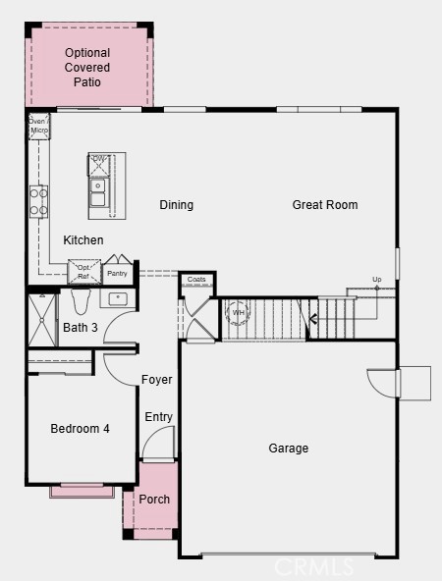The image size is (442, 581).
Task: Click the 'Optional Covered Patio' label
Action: click(87, 67)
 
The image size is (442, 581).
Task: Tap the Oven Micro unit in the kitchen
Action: click(38, 126)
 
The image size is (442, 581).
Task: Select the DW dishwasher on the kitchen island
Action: click(98, 162)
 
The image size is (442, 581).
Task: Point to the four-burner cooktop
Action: click(38, 201)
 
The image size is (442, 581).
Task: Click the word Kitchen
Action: click(83, 240)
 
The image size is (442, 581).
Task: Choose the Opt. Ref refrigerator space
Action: click(83, 271)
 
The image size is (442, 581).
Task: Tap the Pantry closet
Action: click(117, 273)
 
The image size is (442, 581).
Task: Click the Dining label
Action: click(177, 205)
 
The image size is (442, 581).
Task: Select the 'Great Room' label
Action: click(324, 205)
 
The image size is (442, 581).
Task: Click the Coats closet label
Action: click(197, 280)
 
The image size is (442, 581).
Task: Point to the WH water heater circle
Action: click(239, 314)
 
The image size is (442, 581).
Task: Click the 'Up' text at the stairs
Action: click(376, 280)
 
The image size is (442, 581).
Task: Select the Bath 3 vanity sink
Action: click(117, 298)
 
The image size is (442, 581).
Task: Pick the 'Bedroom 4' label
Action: click(81, 428)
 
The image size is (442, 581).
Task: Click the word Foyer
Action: click(156, 380)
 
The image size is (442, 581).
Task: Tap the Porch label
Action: click(154, 500)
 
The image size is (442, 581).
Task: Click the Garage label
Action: click(289, 449)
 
